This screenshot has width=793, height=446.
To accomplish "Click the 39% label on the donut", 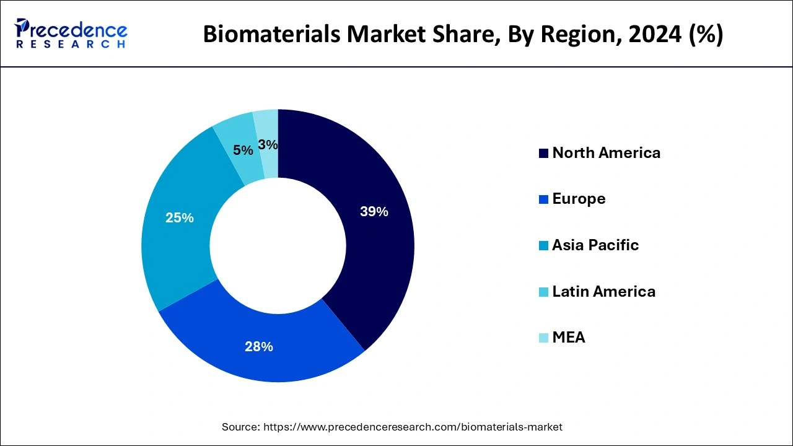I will [x=374, y=212].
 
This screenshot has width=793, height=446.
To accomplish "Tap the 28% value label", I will [x=259, y=347].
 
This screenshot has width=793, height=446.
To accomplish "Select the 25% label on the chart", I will [x=180, y=218].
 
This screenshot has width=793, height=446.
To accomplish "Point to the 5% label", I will [x=243, y=151].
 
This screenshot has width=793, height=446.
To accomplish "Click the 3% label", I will [x=268, y=145].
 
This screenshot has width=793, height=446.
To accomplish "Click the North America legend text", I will [x=606, y=153].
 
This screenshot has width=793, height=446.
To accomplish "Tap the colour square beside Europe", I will [x=543, y=199].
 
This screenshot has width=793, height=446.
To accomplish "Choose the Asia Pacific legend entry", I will [x=595, y=245].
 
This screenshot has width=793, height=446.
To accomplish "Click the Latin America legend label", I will [x=603, y=291].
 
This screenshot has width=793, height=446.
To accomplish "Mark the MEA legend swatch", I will [x=543, y=338].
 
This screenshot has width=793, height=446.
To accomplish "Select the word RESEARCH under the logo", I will [x=71, y=45].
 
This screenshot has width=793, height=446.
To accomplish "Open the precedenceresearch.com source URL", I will [x=413, y=427].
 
